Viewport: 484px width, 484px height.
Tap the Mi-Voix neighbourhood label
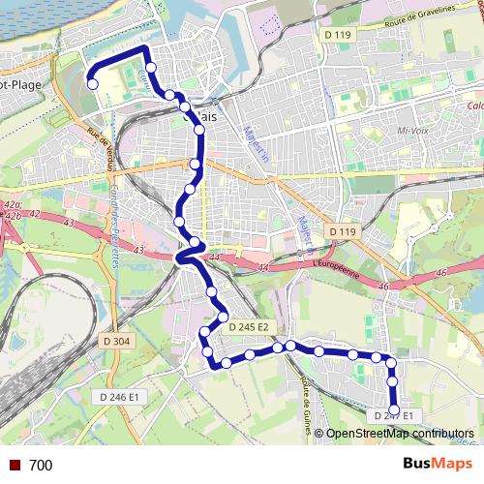[412, 130]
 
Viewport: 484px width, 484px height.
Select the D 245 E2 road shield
[249, 328]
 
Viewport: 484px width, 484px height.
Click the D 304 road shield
[114, 341]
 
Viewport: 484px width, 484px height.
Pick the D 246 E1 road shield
[120, 397]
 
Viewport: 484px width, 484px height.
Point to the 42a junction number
[13, 206]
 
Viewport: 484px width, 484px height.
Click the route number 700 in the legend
[41, 466]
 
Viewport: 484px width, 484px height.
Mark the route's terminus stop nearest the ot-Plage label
[93, 84]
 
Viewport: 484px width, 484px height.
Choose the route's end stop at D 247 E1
[393, 407]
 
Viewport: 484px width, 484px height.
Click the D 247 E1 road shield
[393, 416]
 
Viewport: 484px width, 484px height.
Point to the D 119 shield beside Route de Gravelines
[336, 35]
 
